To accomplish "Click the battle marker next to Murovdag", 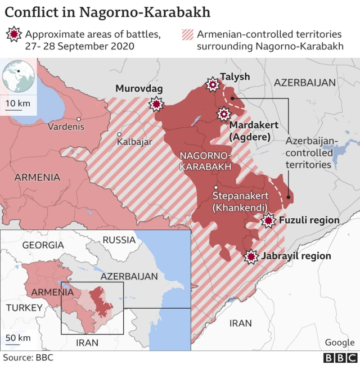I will pyautogui.click(x=156, y=104).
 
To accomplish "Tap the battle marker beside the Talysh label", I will pyautogui.click(x=213, y=85).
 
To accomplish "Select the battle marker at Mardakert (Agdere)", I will pyautogui.click(x=223, y=115).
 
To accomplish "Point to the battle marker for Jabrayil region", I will pyautogui.click(x=251, y=256).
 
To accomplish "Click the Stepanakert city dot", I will pyautogui.click(x=216, y=187).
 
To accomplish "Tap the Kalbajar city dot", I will pyautogui.click(x=119, y=134).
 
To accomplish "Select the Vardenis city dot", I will pyautogui.click(x=79, y=119).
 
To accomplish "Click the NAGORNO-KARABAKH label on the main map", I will pyautogui.click(x=205, y=161).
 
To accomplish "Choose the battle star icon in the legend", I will pyautogui.click(x=13, y=35).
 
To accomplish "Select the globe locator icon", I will pyautogui.click(x=17, y=76).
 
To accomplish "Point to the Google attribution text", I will pyautogui.click(x=339, y=342).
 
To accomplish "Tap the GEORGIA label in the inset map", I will pyautogui.click(x=43, y=245).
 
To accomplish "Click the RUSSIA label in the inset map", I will pyautogui.click(x=119, y=240).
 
